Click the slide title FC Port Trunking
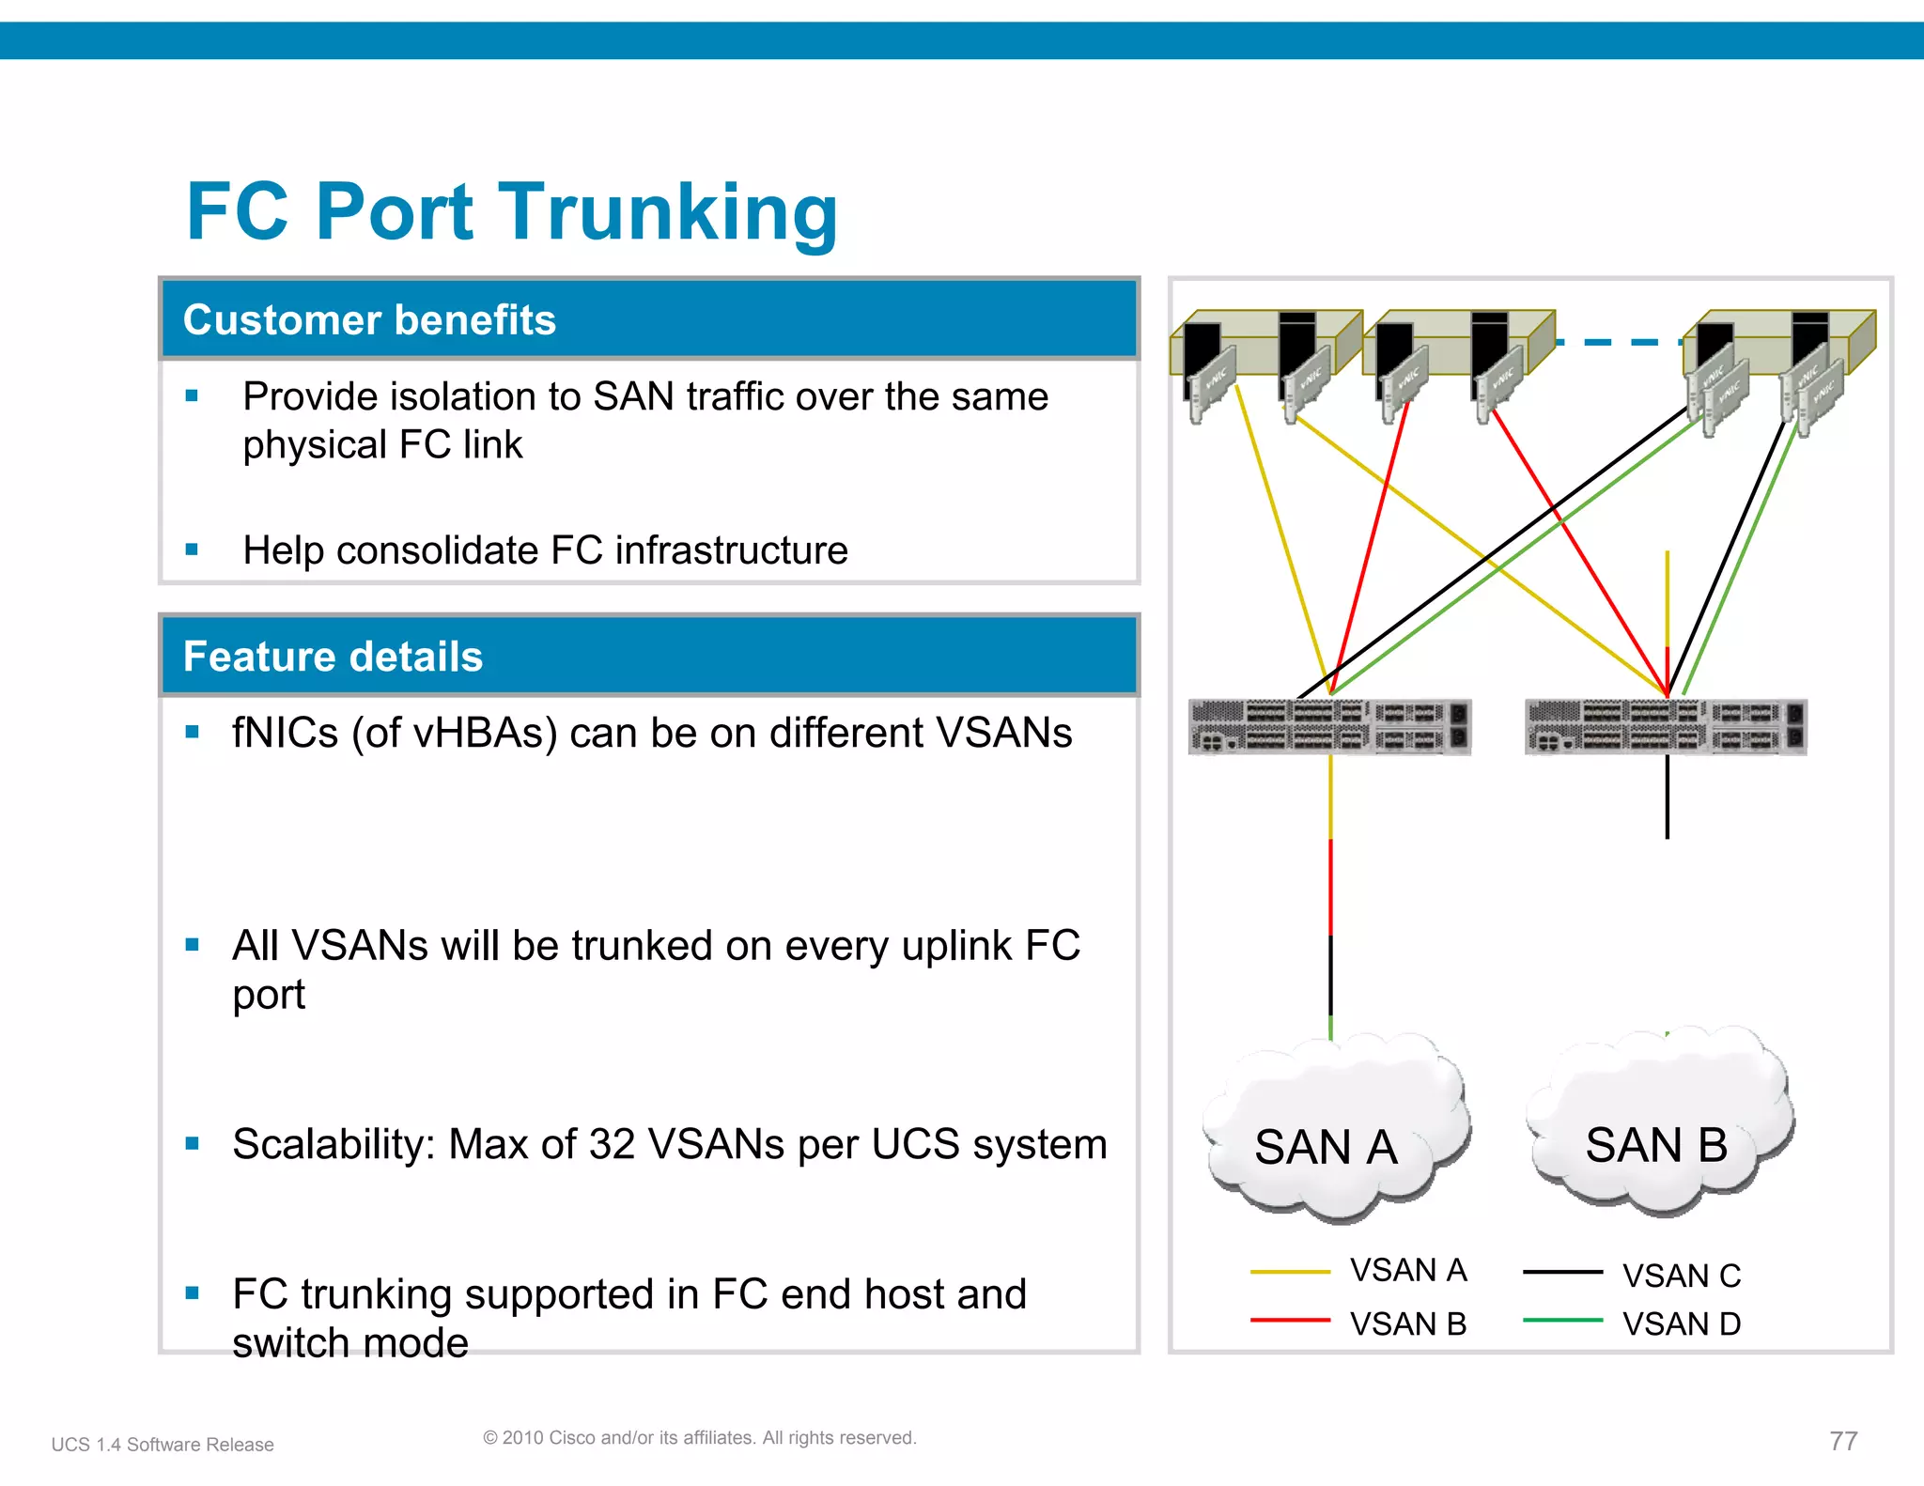(x=512, y=212)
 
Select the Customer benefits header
(x=369, y=320)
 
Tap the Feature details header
(x=333, y=657)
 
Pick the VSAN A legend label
(x=1408, y=1271)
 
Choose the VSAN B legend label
(x=1408, y=1324)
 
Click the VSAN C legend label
(x=1682, y=1276)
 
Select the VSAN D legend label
(x=1682, y=1324)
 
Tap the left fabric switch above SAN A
(x=1328, y=727)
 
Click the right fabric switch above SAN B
(x=1666, y=727)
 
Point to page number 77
(x=1843, y=1441)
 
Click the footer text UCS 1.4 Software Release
(x=163, y=1445)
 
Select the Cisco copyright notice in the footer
(x=699, y=1438)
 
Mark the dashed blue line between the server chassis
(x=1619, y=343)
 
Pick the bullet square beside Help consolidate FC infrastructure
(x=192, y=550)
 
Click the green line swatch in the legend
(x=1562, y=1321)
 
